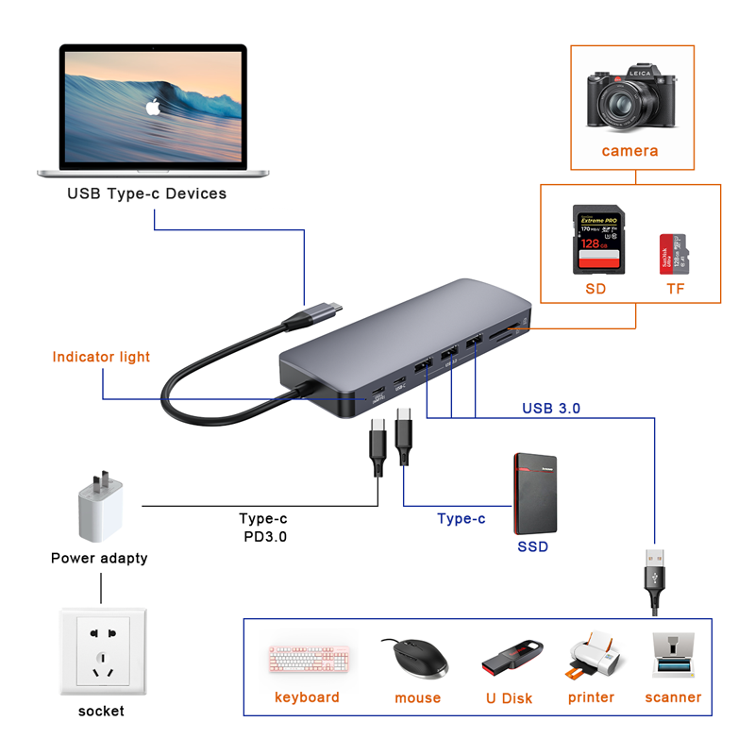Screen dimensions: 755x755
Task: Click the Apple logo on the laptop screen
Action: pyautogui.click(x=152, y=107)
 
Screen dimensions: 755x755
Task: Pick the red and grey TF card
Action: pyautogui.click(x=672, y=254)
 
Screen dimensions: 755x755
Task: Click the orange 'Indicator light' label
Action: pyautogui.click(x=101, y=357)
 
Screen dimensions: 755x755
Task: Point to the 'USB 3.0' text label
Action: pyautogui.click(x=551, y=409)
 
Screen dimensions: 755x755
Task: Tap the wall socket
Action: pyautogui.click(x=101, y=652)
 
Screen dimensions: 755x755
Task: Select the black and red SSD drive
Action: pyautogui.click(x=534, y=494)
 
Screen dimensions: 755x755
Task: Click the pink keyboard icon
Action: pyautogui.click(x=309, y=659)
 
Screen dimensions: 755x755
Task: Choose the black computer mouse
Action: pyautogui.click(x=414, y=657)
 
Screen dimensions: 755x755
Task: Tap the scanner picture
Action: pyautogui.click(x=674, y=656)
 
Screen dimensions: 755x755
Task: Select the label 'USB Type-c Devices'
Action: pyautogui.click(x=146, y=193)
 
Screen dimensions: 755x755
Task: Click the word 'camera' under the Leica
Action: pyautogui.click(x=629, y=151)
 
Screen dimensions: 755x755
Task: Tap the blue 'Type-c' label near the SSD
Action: pyautogui.click(x=461, y=518)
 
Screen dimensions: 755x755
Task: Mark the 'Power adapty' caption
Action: pyautogui.click(x=99, y=558)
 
